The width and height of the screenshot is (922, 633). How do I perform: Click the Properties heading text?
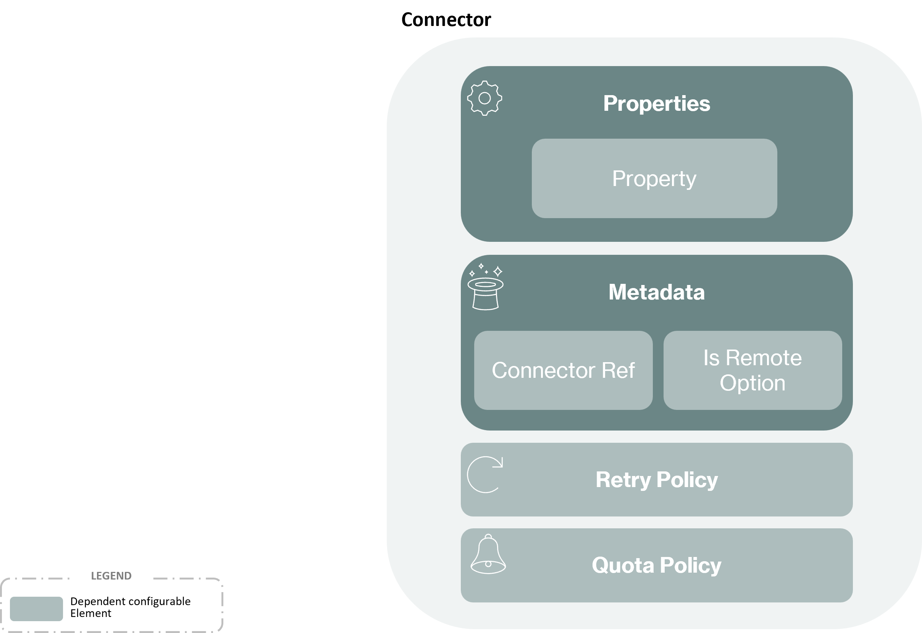(657, 104)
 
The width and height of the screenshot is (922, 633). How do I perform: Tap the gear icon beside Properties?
(484, 98)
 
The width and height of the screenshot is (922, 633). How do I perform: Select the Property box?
(654, 178)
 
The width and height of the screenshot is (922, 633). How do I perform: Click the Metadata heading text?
(657, 292)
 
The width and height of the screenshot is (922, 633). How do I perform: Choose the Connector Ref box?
(563, 370)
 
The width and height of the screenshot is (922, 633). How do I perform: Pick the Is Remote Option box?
(752, 370)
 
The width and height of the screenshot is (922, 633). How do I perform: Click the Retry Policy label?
(657, 480)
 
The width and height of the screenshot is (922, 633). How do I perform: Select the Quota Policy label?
(657, 565)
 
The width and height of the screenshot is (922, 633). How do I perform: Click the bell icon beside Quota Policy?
(488, 554)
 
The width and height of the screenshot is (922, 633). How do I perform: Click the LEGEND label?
(111, 575)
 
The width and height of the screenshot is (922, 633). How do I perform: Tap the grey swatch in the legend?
(37, 609)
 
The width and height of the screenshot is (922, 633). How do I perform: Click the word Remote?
(764, 358)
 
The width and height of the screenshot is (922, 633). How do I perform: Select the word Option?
(752, 384)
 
